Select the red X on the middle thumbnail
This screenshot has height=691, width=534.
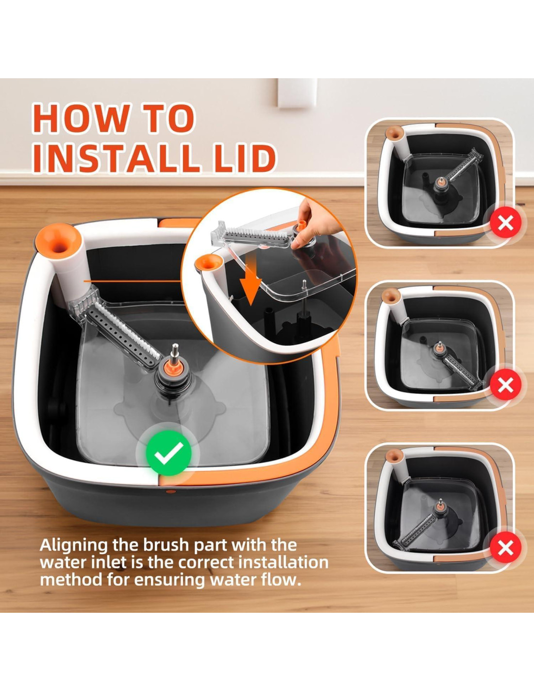pyautogui.click(x=505, y=386)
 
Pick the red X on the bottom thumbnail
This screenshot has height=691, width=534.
pyautogui.click(x=505, y=548)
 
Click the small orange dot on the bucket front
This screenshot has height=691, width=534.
pyautogui.click(x=171, y=491)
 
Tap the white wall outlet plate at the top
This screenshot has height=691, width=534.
pyautogui.click(x=298, y=92)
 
